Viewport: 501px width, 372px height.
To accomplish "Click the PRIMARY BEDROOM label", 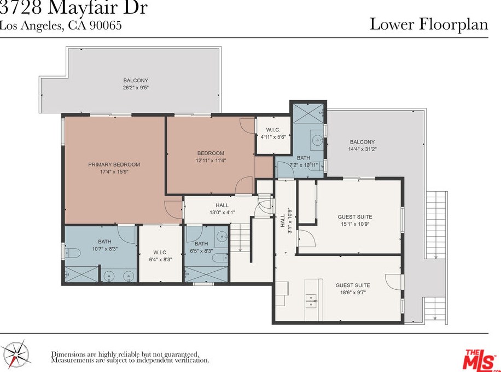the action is coord(114,164).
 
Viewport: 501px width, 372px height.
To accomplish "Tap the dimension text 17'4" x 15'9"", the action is coord(114,172).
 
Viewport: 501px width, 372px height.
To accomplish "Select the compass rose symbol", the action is coord(18,355).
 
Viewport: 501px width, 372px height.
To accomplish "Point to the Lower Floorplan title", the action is coord(429,24).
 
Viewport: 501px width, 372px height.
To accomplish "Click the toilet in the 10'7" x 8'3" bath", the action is coord(72,253).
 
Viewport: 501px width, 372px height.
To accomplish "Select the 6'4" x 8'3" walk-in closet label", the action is coord(160,256).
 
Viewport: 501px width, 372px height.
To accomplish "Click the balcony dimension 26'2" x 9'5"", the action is coord(136,88).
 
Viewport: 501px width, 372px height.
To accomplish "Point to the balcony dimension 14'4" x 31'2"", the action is coord(362,149).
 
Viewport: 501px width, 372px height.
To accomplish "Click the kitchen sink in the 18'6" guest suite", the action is coord(311,301).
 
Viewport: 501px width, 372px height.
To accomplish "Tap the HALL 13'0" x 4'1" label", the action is coord(222,208).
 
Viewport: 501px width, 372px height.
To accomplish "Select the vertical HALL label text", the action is coord(283,221).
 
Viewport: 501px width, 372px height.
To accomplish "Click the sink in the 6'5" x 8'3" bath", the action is coord(222,237).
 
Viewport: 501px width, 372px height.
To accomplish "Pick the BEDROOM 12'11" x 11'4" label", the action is coord(211,157).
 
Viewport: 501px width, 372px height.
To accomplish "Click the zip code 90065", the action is coord(105,25).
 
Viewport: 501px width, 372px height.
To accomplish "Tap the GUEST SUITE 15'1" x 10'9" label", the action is coord(355,220).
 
